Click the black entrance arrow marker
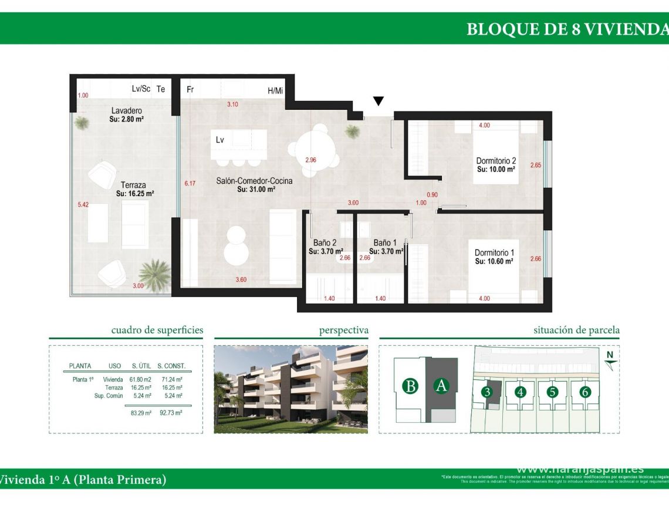[379, 101]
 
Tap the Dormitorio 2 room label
[496, 161]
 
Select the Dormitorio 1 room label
[494, 253]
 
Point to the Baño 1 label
[385, 243]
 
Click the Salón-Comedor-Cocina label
[254, 181]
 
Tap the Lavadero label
[127, 110]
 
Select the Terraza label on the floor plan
[134, 184]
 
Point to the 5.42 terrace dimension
[83, 205]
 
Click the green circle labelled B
[411, 386]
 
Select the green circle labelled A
[441, 386]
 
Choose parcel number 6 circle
[584, 392]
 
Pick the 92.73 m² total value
[170, 413]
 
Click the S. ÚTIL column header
[141, 366]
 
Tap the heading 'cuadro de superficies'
[157, 330]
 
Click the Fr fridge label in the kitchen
[190, 90]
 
